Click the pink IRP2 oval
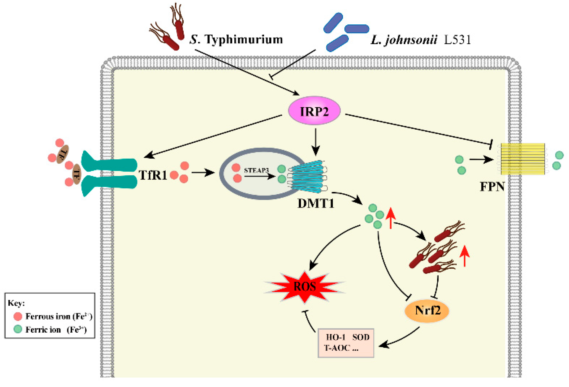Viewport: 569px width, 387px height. coord(314,111)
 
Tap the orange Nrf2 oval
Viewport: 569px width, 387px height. coord(426,310)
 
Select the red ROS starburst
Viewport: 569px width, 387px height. coord(305,287)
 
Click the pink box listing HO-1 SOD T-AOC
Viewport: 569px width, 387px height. coord(346,343)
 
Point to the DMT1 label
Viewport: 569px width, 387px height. coord(316,204)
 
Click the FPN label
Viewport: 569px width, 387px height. coord(492,187)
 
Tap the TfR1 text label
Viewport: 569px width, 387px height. coord(153,175)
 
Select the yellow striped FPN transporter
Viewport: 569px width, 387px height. coord(522,159)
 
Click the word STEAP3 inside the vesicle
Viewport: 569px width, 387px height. coord(256,170)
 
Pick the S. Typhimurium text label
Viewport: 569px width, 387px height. coord(236,39)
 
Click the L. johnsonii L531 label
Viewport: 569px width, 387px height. coord(421,40)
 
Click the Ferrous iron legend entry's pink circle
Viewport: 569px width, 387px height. coord(18,316)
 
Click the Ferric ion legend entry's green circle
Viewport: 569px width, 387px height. coord(18,329)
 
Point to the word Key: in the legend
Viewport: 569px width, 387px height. coord(16,303)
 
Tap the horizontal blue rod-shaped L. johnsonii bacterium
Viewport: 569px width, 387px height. coord(357,29)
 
